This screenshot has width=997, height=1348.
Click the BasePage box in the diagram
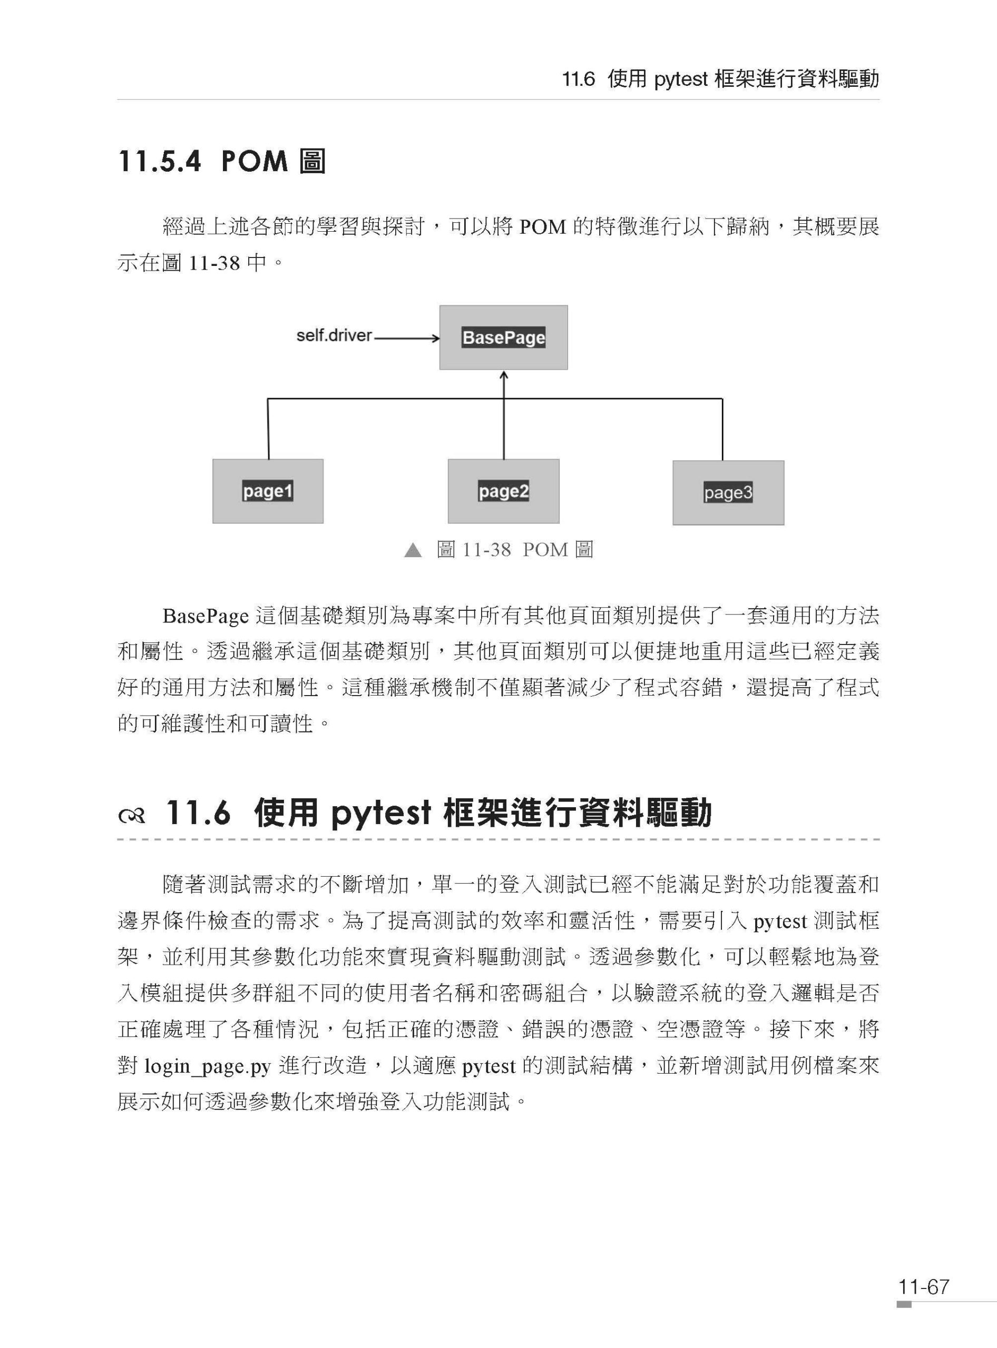tap(503, 337)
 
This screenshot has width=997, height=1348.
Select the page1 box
tap(268, 491)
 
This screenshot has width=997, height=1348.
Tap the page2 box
tap(503, 491)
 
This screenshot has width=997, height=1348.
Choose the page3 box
tap(728, 493)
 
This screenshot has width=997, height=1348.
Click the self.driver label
tap(334, 336)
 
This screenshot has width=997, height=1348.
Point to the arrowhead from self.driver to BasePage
tap(436, 338)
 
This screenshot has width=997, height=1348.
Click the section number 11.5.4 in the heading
tap(159, 161)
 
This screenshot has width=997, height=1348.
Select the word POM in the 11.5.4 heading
tap(255, 161)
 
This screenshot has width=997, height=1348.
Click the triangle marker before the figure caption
tap(413, 550)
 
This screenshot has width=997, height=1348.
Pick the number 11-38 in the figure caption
tap(486, 549)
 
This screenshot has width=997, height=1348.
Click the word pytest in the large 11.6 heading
tap(381, 813)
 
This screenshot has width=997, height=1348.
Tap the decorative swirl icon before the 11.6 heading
tap(132, 816)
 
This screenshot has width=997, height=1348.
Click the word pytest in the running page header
tap(680, 80)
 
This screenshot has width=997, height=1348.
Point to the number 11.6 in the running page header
tap(579, 79)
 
